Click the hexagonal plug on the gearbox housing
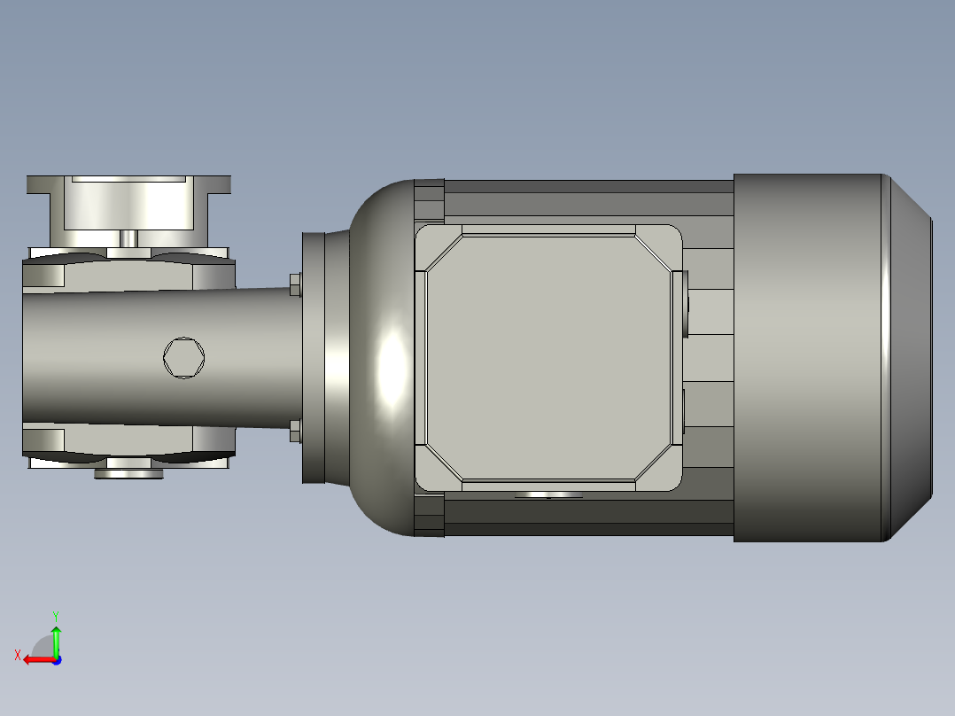[x=184, y=358]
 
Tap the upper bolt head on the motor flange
[x=295, y=284]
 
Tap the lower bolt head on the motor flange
[x=295, y=432]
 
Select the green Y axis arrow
[x=56, y=636]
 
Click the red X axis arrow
[x=35, y=659]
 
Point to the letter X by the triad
[x=18, y=655]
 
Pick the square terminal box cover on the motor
[x=547, y=358]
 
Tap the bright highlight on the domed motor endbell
[x=391, y=367]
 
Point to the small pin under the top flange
[x=128, y=239]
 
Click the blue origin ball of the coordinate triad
[x=56, y=660]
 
